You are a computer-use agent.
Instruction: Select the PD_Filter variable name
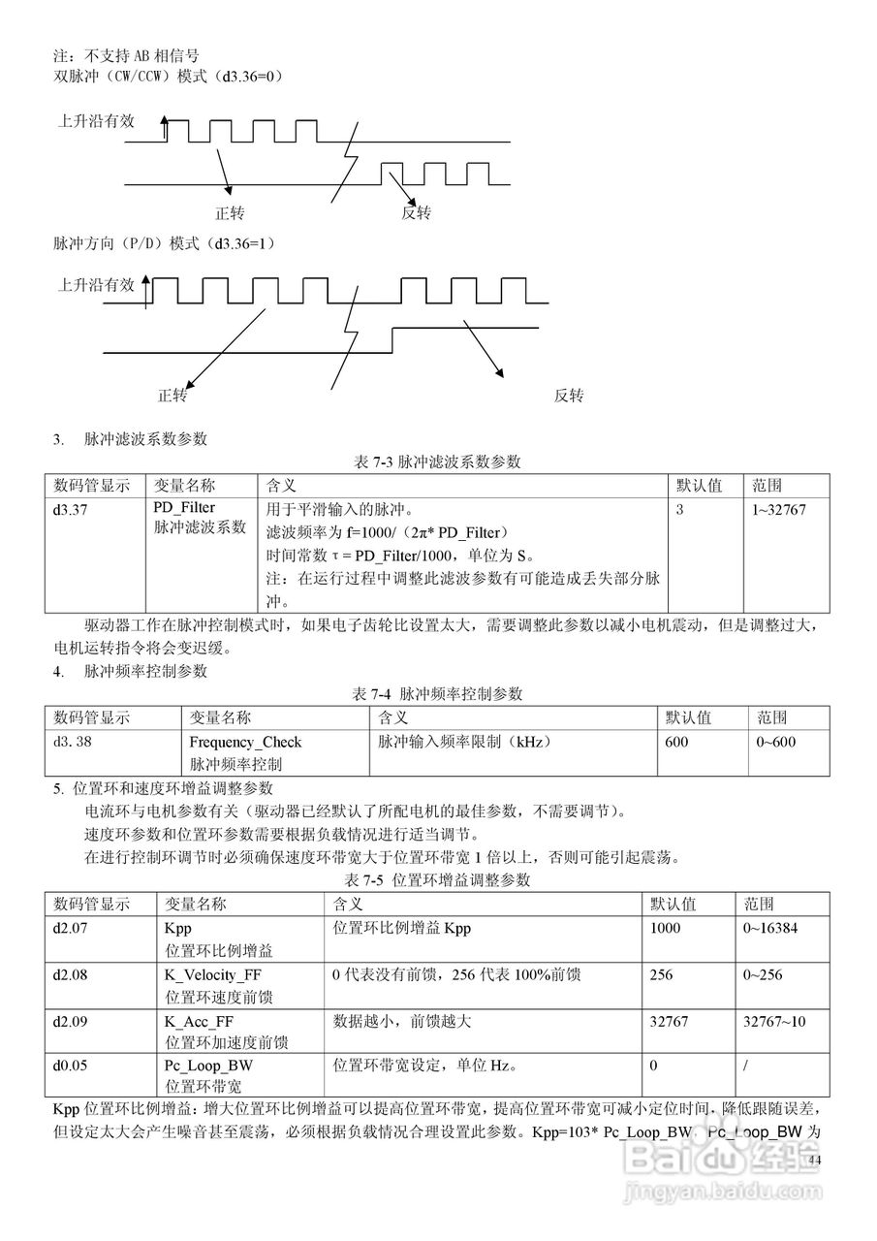coord(184,507)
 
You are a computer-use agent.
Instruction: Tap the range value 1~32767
coord(778,508)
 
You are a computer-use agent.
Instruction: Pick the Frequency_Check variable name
coord(245,742)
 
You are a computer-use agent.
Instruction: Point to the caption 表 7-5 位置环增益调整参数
coord(438,880)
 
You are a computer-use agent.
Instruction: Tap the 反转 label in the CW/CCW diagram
coord(416,213)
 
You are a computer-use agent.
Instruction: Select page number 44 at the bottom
coord(814,1161)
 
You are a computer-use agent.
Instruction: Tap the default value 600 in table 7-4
coord(676,742)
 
